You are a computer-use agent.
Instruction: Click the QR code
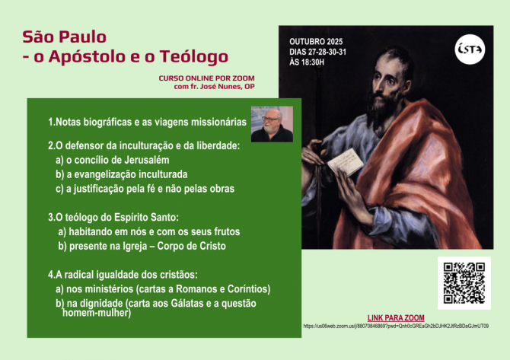point(464,282)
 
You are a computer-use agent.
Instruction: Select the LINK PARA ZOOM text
point(396,317)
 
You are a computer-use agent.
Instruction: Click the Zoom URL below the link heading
point(396,326)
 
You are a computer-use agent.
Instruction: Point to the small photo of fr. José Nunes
point(272,123)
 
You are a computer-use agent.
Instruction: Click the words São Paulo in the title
point(64,36)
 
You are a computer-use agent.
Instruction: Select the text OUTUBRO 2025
point(316,40)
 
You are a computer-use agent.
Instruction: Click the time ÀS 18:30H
point(308,62)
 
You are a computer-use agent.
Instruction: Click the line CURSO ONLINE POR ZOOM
point(206,78)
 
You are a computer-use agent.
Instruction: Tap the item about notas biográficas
point(147,122)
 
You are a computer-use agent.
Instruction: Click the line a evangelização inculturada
point(122,174)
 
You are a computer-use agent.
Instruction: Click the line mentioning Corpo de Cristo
point(142,246)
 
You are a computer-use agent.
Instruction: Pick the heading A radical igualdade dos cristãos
point(123,274)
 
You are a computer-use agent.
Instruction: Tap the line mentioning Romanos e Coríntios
point(163,289)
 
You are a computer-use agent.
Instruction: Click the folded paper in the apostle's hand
point(346,159)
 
